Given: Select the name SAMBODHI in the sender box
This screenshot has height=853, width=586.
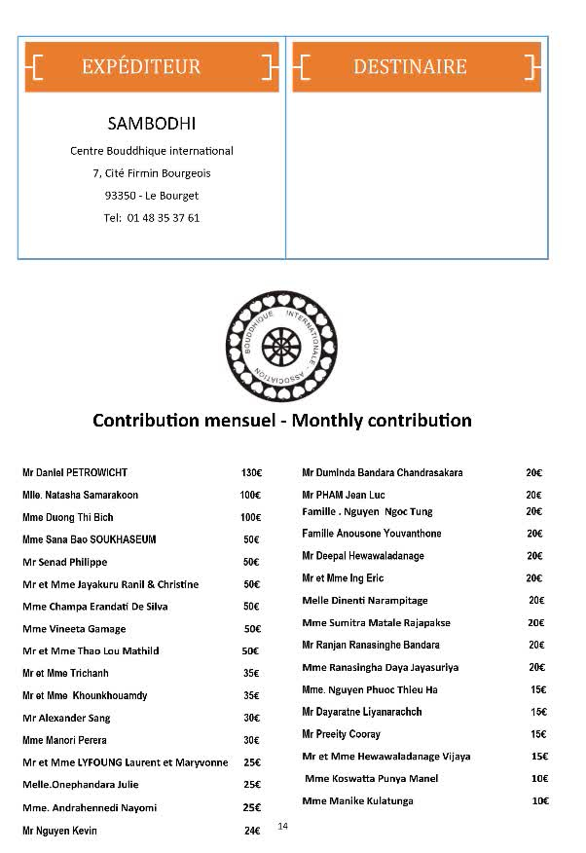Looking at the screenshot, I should (x=151, y=124).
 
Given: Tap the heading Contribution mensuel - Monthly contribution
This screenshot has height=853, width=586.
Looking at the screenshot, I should (x=282, y=421).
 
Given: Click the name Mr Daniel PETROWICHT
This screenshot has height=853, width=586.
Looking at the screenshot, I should (x=75, y=472).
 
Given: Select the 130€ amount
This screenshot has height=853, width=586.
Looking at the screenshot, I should (x=251, y=472).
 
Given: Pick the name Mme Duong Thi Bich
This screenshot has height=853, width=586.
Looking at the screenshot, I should (x=68, y=517).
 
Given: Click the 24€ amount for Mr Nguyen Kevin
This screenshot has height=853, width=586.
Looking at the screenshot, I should (x=251, y=831).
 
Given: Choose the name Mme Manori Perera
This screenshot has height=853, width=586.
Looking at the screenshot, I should (x=65, y=740).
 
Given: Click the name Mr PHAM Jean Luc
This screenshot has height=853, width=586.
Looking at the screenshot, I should (x=345, y=495).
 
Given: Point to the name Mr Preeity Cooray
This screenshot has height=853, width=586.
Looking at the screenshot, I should (x=341, y=733).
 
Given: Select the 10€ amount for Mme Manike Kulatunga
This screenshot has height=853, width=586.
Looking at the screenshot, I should (x=540, y=800).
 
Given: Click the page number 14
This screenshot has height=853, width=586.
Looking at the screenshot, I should (x=283, y=826).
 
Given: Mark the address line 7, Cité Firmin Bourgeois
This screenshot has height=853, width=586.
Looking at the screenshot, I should (x=152, y=173).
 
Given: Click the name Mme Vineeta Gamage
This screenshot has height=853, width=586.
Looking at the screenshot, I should (x=67, y=629).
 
